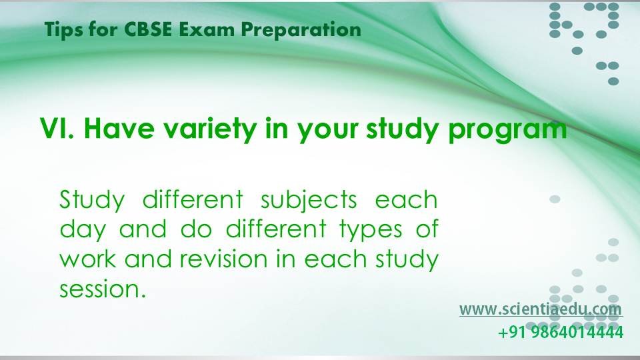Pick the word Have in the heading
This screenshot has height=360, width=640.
click(x=119, y=128)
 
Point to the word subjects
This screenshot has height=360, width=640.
click(x=309, y=201)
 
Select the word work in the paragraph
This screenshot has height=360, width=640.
click(x=87, y=259)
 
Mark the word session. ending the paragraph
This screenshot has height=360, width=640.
click(x=103, y=289)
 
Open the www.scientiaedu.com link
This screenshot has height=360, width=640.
click(x=541, y=309)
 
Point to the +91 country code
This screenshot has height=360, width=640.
click(x=513, y=332)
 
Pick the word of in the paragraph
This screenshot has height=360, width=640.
click(x=427, y=229)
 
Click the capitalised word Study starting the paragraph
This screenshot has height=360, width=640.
click(x=92, y=201)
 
